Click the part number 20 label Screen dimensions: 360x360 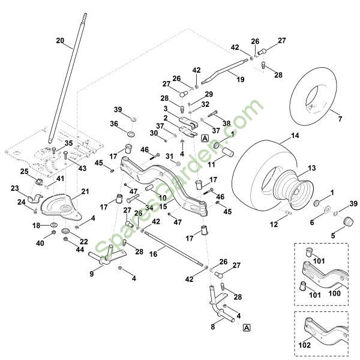(59, 40)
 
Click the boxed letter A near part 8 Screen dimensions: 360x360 (247, 327)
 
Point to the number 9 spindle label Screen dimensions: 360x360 (91, 274)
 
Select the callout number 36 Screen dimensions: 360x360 (113, 124)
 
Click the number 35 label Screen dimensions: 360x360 (68, 143)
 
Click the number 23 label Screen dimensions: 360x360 (13, 188)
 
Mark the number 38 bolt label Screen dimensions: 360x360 (226, 122)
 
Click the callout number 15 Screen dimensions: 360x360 (163, 206)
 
